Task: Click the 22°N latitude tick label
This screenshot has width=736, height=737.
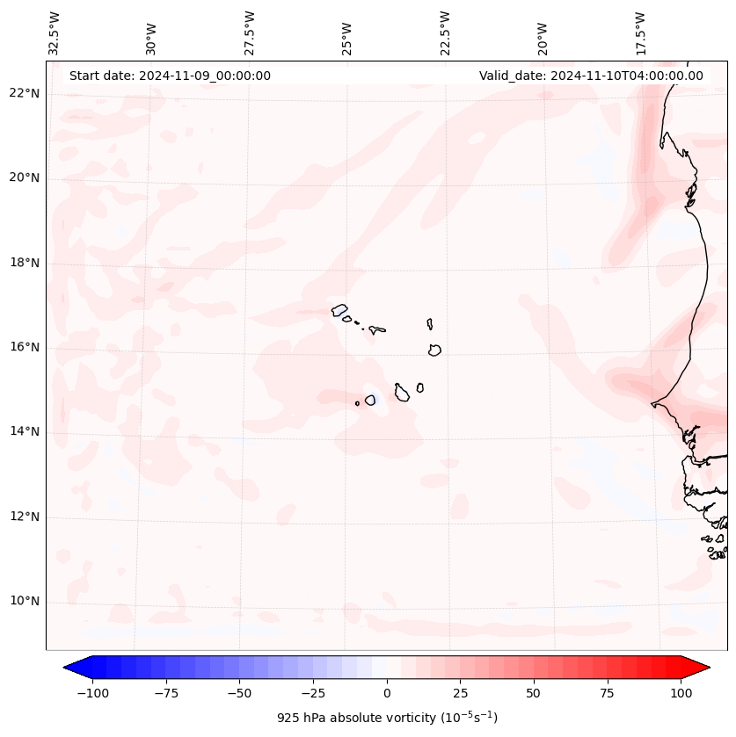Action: click(25, 94)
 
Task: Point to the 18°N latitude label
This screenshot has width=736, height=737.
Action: click(25, 264)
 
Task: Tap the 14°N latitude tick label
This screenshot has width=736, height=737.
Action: click(25, 431)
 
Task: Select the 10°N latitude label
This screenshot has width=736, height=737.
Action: click(25, 602)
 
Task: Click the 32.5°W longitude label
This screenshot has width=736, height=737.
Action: click(55, 33)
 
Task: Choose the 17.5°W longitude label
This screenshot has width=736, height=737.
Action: click(640, 33)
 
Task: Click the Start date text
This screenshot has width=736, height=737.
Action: click(170, 76)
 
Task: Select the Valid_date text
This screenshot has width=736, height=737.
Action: click(591, 76)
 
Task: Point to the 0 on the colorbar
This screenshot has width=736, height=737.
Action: click(387, 693)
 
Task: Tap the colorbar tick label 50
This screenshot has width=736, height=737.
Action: click(534, 693)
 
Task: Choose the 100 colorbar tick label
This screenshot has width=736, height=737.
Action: click(681, 693)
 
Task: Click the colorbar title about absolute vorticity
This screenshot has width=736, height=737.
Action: click(387, 719)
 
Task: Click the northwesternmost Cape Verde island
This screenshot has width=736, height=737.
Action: click(339, 310)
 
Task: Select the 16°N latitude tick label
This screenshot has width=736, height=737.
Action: click(25, 348)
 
